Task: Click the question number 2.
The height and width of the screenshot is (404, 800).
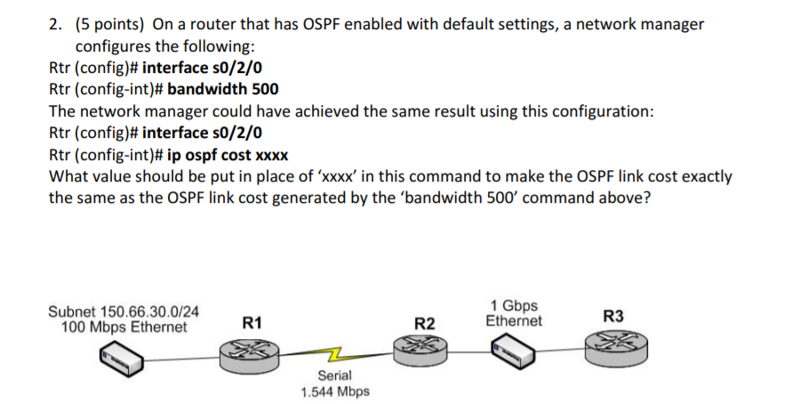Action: pyautogui.click(x=54, y=24)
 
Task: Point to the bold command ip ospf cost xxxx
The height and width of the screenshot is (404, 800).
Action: pyautogui.click(x=228, y=154)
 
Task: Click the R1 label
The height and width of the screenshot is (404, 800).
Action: pyautogui.click(x=252, y=322)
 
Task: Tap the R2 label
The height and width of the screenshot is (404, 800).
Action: pyautogui.click(x=426, y=322)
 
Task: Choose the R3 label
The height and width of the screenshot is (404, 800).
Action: pyautogui.click(x=612, y=316)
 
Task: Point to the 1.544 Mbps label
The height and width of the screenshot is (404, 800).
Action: pyautogui.click(x=335, y=392)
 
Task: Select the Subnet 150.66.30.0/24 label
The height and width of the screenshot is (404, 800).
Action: pyautogui.click(x=123, y=311)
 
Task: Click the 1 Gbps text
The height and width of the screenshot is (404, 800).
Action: pyautogui.click(x=513, y=305)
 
